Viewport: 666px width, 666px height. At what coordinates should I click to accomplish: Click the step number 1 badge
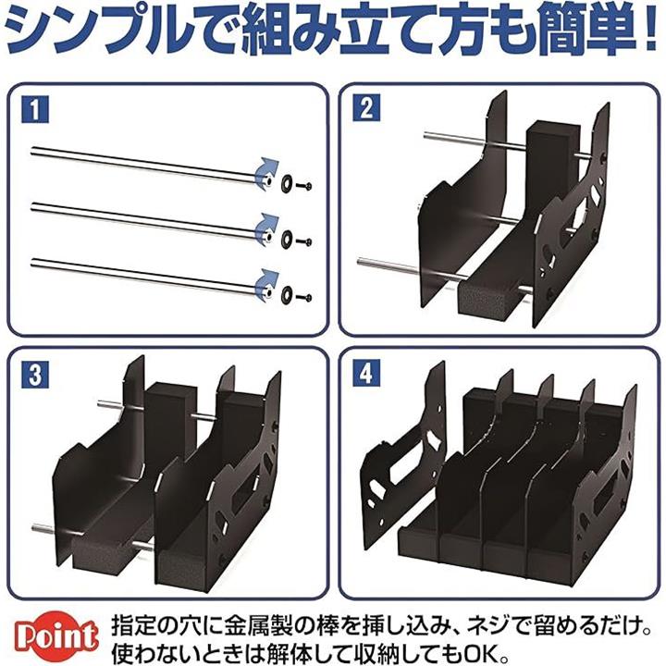point(35,109)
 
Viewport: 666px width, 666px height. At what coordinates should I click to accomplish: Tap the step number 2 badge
point(366,108)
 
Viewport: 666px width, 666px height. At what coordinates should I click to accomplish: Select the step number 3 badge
point(35,375)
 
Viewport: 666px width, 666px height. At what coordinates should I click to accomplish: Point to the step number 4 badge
point(366,375)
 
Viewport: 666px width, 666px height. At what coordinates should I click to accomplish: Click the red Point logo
point(56,637)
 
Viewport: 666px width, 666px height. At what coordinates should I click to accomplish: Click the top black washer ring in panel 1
point(286,182)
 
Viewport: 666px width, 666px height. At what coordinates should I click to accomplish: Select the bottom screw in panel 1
point(304,297)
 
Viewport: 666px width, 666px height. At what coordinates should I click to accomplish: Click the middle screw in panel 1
point(304,242)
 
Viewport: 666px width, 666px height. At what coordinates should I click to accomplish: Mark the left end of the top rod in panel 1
point(32,150)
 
